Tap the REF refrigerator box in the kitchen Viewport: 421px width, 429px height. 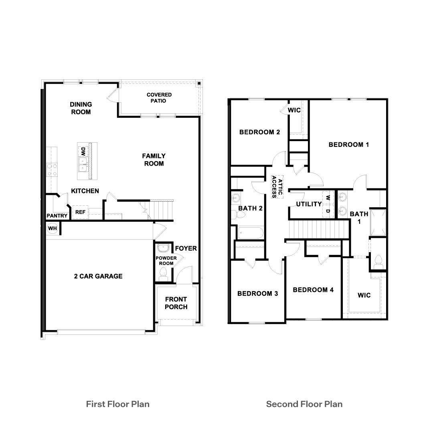point(80,212)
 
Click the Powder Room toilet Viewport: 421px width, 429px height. point(163,272)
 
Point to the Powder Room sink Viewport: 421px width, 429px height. point(163,248)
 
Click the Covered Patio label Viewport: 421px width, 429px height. point(159,98)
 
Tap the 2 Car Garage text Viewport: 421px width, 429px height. point(98,276)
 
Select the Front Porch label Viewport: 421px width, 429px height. point(176,303)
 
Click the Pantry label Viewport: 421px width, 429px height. point(57,216)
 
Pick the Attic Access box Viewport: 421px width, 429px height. point(277,186)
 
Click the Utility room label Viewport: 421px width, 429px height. point(309,204)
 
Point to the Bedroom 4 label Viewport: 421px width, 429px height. point(313,290)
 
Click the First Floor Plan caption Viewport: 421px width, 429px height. point(117,404)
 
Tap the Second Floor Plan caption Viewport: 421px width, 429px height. point(304,404)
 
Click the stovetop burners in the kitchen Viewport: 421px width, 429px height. point(52,169)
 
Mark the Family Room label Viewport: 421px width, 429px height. point(154,160)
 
